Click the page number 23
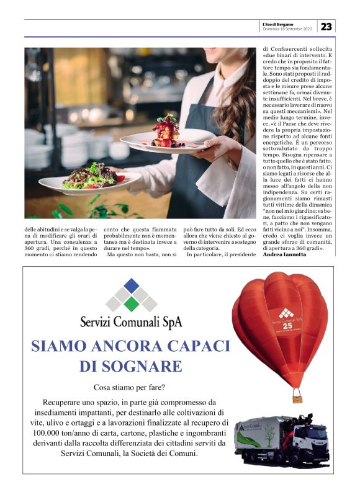coord(327,26)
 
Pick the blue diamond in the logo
coord(131,285)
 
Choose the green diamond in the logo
coord(131,305)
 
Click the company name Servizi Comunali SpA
coord(131,323)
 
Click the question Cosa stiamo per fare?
coord(131,388)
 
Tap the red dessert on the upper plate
coord(166,132)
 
